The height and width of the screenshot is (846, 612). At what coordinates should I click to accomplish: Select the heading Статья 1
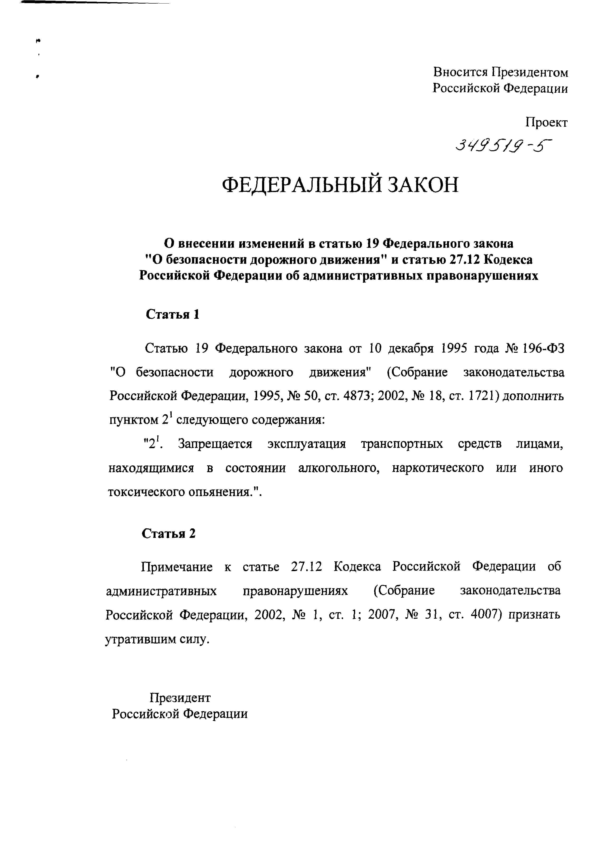pyautogui.click(x=172, y=315)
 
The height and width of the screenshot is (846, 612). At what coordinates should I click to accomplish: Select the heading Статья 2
pyautogui.click(x=169, y=534)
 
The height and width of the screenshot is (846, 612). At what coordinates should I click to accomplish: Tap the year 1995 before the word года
pyautogui.click(x=453, y=348)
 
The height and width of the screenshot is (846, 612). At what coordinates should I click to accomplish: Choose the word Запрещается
pyautogui.click(x=215, y=444)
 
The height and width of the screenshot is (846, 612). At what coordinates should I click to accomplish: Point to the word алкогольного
pyautogui.click(x=338, y=468)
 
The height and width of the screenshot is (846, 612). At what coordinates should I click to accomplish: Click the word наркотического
pyautogui.click(x=438, y=468)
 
